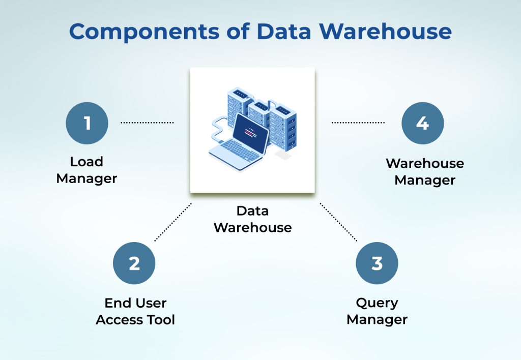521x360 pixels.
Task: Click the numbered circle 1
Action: pos(87,123)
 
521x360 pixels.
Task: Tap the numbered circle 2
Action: pos(134,263)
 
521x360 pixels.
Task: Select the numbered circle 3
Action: pos(377,263)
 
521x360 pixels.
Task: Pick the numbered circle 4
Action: pos(422,123)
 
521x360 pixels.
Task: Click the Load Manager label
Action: pos(86,170)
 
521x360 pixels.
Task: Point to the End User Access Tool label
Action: pos(135,311)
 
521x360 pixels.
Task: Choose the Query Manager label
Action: pos(377,311)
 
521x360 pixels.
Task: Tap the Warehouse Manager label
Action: pos(425,172)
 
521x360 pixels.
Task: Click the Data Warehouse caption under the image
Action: pos(252,219)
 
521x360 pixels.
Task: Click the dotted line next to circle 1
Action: pos(147,123)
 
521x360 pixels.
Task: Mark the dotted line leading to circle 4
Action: pos(358,123)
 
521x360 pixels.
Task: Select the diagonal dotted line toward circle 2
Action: pos(173,222)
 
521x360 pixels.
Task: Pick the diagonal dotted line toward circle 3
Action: pos(339,222)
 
